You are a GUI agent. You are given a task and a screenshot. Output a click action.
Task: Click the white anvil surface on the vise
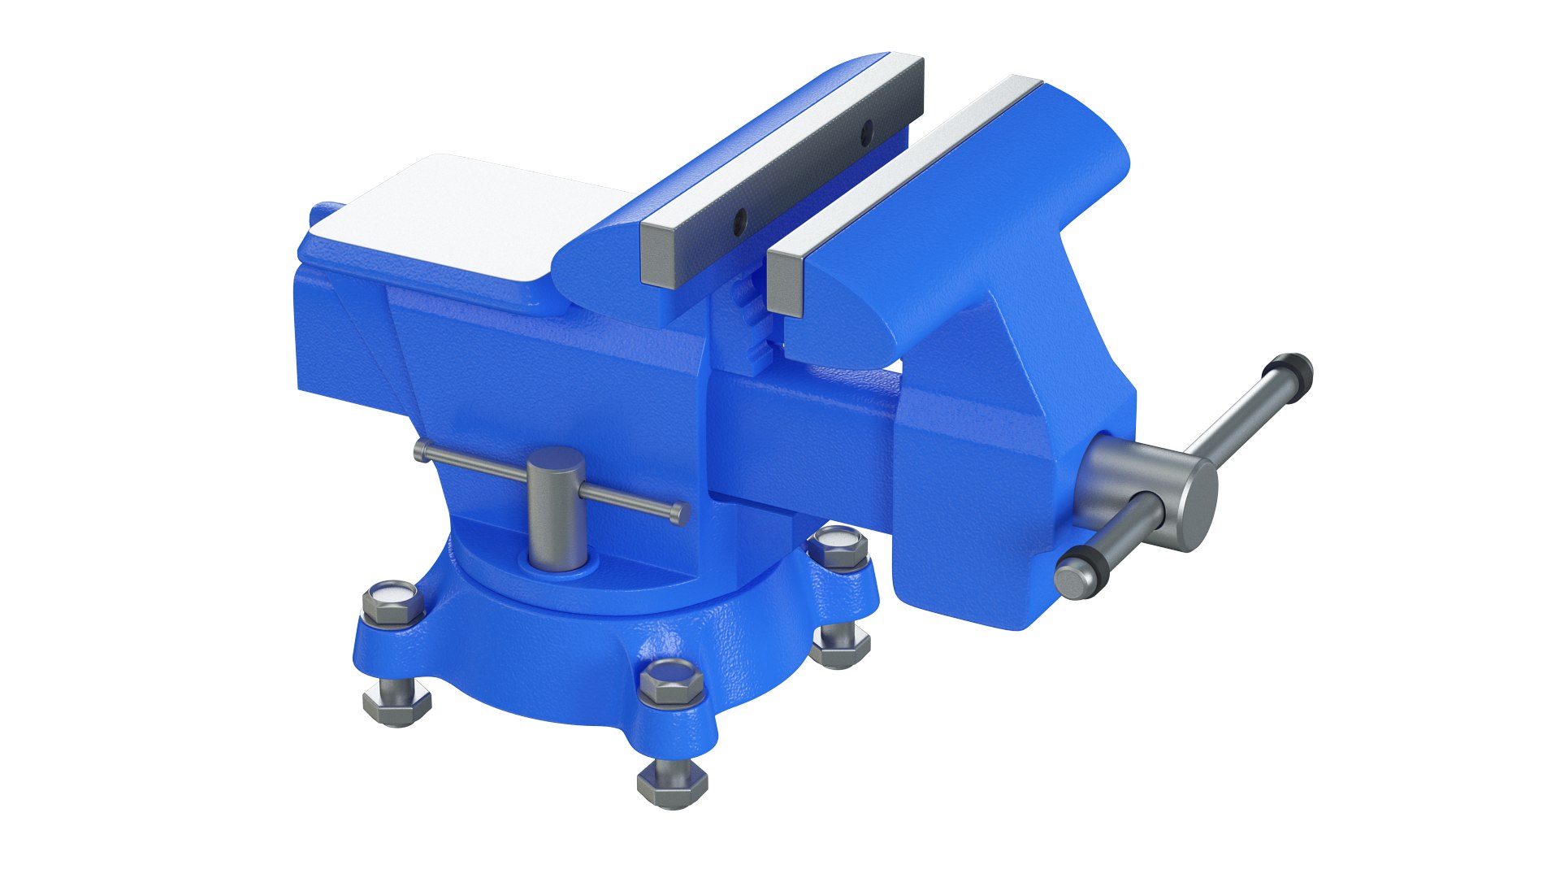pos(455,215)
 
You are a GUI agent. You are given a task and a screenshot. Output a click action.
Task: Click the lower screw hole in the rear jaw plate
pos(739,217)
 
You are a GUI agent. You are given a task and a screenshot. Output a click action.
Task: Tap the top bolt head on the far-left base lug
pos(392,600)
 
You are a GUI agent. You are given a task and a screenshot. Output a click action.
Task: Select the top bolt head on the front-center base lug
pos(671,681)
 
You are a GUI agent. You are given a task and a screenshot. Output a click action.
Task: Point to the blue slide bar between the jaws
pos(804,423)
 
